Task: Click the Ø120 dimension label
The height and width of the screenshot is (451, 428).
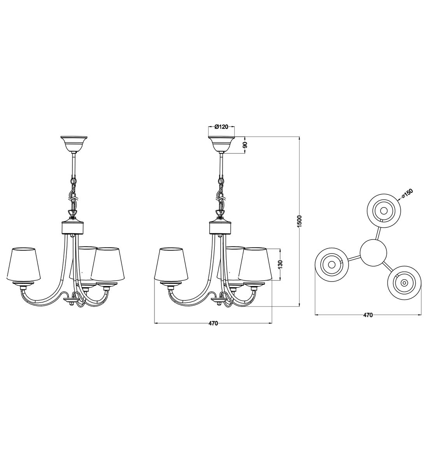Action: click(221, 127)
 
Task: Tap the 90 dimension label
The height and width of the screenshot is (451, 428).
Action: click(245, 145)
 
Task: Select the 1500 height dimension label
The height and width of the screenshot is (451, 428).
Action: click(300, 222)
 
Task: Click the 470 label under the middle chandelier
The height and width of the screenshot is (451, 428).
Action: click(213, 323)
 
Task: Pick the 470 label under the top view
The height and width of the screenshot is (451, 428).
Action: click(368, 315)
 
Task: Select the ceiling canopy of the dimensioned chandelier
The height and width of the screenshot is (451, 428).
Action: click(221, 144)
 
